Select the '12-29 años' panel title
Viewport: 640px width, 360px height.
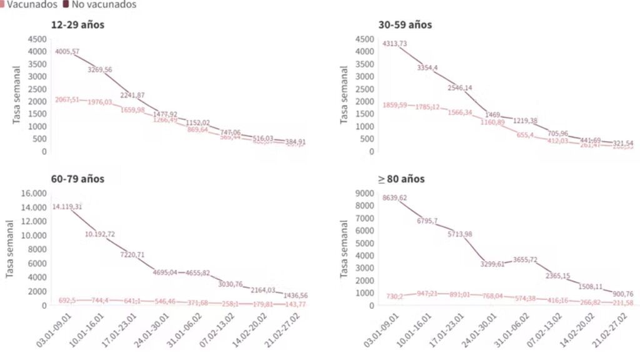(78, 25)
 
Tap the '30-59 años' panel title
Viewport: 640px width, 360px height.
(405, 25)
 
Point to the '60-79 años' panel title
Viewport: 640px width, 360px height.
(78, 179)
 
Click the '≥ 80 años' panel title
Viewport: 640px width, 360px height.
(401, 179)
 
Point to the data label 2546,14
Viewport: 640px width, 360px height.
(460, 87)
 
